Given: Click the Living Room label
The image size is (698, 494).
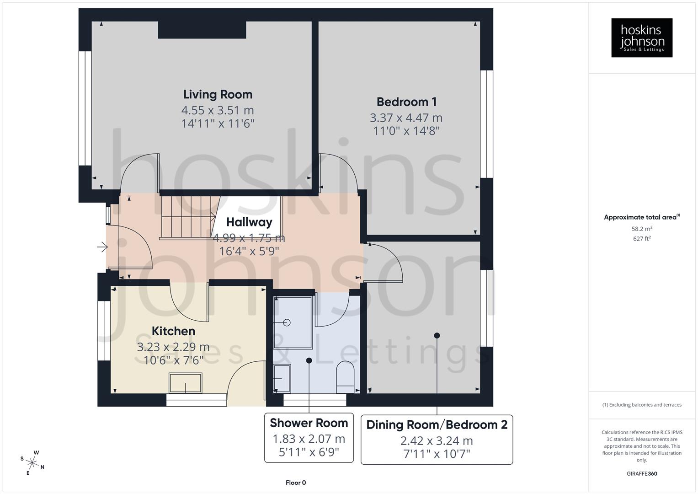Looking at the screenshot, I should point(218,95).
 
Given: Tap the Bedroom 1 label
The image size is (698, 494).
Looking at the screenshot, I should point(406,102).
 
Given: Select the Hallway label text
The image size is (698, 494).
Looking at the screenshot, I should point(249,222).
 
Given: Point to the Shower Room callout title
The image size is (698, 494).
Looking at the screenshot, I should point(309,423).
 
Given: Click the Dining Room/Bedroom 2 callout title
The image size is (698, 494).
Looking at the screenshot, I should point(437,425).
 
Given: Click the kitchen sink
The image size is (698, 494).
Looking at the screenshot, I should point(185,383).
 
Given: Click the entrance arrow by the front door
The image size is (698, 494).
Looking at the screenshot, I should point(102,247).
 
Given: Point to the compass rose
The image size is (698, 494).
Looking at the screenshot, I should point(32,462).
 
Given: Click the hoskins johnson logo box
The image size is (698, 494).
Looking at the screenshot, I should point(642,38).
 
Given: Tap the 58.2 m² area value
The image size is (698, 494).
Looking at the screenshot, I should point(642,229).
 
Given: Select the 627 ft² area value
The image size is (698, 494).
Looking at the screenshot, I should point(642,238).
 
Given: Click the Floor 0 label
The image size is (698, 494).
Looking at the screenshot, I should point(295,483).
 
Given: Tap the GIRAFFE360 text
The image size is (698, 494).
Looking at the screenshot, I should point(642,473).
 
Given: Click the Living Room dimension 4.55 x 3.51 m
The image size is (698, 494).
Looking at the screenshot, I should point(218,110).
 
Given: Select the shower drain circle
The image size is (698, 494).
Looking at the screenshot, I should point(287,322).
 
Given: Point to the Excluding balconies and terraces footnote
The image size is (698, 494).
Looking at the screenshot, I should point(642,405).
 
